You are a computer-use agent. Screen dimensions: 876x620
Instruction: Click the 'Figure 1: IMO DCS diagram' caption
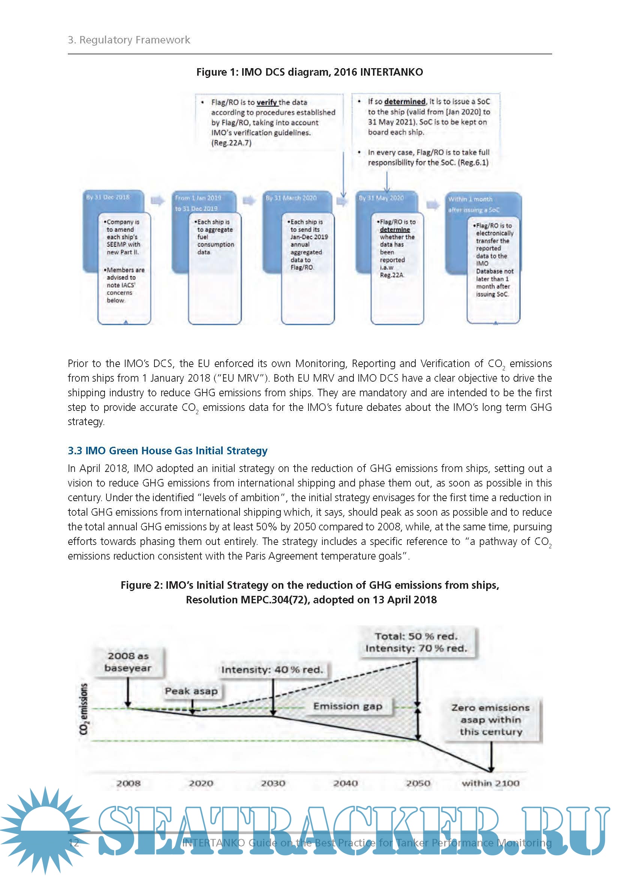(309, 72)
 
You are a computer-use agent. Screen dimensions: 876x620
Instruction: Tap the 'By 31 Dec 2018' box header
(108, 197)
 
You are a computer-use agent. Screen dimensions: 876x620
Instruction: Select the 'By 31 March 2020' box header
(291, 198)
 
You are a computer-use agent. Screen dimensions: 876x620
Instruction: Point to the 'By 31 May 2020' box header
(381, 198)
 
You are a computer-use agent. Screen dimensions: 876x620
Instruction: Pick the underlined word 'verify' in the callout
(267, 102)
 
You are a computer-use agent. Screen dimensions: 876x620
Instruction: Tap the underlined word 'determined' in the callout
(405, 101)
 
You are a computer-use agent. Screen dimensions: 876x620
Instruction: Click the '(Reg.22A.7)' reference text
(231, 143)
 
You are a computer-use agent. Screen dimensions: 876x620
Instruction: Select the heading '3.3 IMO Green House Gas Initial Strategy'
(168, 451)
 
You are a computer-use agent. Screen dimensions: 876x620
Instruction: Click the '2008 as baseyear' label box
(128, 662)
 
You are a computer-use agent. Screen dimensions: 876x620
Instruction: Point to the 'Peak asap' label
(191, 691)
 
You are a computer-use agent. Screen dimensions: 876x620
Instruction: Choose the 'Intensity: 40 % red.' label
(272, 670)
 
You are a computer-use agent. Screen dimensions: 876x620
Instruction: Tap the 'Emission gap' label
(347, 706)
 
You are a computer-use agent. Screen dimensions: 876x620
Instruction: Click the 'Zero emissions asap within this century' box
(491, 719)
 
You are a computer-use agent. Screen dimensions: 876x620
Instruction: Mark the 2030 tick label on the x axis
(273, 783)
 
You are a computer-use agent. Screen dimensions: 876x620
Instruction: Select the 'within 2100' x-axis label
(491, 783)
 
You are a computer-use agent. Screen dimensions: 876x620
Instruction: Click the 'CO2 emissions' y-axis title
(84, 709)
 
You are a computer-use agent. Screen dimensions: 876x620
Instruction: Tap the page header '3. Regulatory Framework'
(129, 40)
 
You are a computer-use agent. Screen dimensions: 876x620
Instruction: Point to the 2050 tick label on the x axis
(418, 783)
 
